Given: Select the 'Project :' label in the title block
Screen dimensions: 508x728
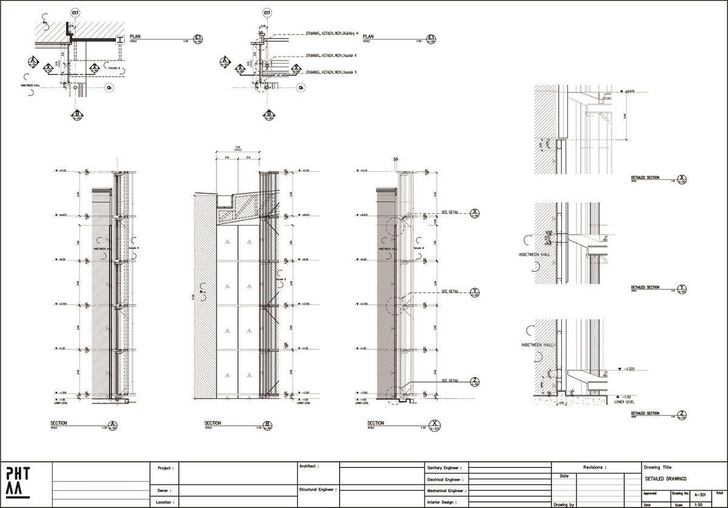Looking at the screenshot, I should [166, 469].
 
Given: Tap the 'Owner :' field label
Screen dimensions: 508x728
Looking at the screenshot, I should [164, 490].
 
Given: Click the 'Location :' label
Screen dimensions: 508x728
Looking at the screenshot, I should [166, 503].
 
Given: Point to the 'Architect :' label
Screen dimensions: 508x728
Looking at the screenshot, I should [309, 466].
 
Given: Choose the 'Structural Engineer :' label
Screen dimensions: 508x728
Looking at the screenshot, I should [317, 489].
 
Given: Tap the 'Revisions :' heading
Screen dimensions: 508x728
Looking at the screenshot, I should [595, 468].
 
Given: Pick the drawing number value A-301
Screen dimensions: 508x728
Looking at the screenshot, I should [701, 495].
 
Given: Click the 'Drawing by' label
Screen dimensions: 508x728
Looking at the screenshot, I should [564, 504].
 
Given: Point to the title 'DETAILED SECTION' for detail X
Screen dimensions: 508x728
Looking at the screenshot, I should [644, 177].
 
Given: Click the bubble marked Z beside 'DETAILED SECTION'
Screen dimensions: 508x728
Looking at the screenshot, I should [683, 415].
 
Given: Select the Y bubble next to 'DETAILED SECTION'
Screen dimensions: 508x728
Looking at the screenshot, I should [683, 289].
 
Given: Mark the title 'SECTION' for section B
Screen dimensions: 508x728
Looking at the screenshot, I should [213, 423].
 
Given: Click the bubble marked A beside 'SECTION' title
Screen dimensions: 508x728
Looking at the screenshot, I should [112, 425].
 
